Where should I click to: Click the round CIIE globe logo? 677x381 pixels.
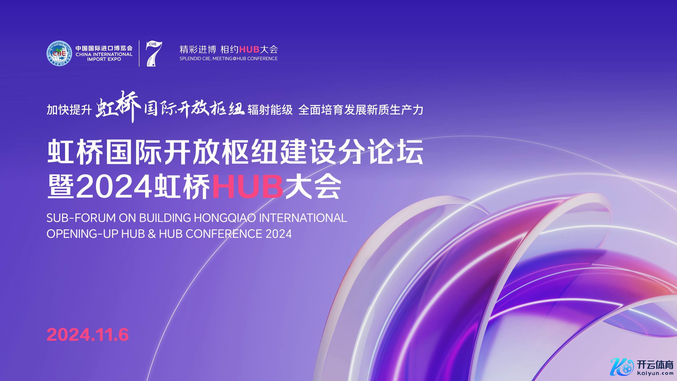tap(59, 53)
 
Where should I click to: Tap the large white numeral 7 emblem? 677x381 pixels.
tap(154, 54)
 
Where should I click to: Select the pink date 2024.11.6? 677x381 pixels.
tap(88, 335)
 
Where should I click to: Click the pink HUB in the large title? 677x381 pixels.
tap(247, 187)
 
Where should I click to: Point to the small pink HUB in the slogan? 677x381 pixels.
tap(249, 49)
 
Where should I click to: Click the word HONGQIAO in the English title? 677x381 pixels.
tap(225, 218)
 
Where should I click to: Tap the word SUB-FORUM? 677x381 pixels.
tap(81, 218)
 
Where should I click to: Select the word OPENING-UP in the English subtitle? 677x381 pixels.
tap(82, 234)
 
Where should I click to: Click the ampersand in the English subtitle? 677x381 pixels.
tap(152, 234)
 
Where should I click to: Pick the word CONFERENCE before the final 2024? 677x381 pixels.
tap(224, 234)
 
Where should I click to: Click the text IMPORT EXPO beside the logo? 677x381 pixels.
tap(104, 60)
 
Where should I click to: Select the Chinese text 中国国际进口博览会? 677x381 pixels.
tap(104, 48)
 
